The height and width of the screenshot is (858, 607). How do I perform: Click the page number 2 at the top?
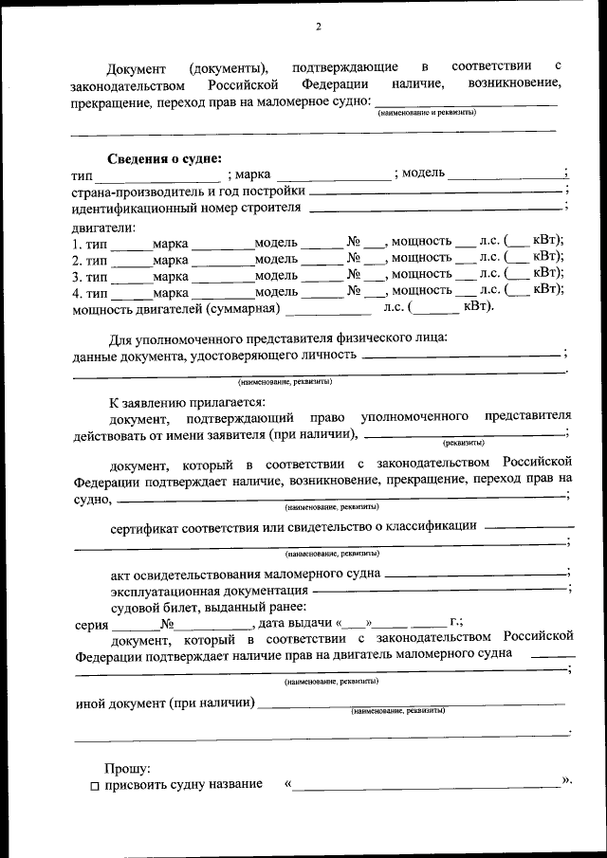319,26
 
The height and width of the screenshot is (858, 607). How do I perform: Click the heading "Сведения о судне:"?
163,158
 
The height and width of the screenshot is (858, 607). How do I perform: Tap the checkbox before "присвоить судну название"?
95,785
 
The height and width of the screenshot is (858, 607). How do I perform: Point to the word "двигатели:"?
103,227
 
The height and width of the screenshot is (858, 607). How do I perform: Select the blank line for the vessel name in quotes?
427,786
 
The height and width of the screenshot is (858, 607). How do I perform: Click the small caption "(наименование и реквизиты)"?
427,113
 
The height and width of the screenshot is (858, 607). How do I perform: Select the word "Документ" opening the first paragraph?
137,68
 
